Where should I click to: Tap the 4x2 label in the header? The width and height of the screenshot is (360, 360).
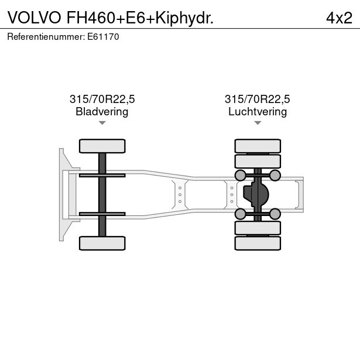point(339,18)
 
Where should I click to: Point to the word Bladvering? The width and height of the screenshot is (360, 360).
point(102,111)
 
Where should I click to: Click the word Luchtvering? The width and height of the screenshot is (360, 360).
point(258,111)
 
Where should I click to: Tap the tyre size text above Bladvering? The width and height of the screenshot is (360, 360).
point(102,100)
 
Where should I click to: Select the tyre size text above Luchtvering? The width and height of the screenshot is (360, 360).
point(258,100)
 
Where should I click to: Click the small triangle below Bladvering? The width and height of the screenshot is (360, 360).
point(102,123)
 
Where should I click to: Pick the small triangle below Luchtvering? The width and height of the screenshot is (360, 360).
point(258,123)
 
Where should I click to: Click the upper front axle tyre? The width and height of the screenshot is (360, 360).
point(102,146)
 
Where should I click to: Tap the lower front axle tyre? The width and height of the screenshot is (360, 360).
point(102,243)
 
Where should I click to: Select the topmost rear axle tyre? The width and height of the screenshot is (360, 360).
point(258,146)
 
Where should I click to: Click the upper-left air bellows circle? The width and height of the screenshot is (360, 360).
point(240,175)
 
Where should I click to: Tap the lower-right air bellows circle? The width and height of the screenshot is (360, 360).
point(275,214)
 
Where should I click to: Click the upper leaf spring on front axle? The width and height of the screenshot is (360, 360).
point(102,174)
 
